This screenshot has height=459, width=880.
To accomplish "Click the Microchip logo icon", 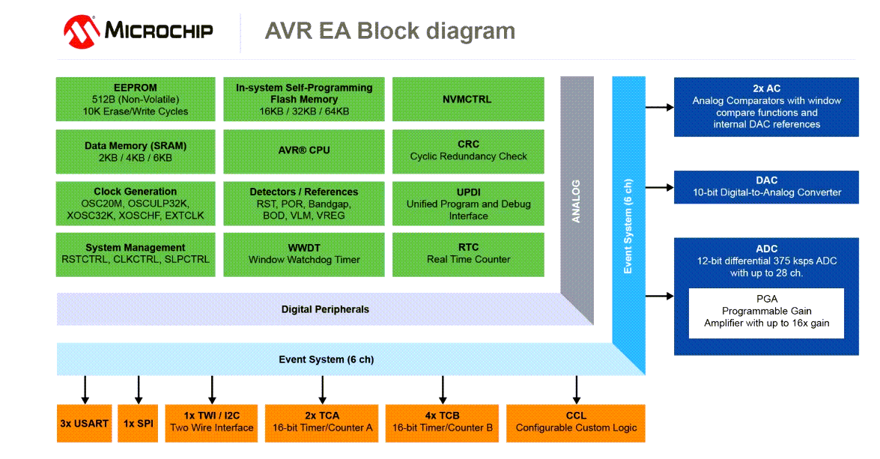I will tap(82, 31).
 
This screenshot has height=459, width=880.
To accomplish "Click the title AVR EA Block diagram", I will tap(389, 31).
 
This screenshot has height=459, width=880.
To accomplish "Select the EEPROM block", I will tap(136, 99).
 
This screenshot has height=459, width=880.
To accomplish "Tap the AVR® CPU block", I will tap(303, 151).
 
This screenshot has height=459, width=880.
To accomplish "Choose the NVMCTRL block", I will tap(468, 99).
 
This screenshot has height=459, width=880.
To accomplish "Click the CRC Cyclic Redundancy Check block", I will tap(468, 151).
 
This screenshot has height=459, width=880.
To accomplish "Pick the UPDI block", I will tap(468, 204).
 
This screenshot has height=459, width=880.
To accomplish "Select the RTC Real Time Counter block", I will tap(468, 254).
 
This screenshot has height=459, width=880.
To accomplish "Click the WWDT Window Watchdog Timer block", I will tap(303, 254).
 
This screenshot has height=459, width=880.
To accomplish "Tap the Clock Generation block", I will tap(136, 204).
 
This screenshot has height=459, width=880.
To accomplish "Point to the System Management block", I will tap(136, 254).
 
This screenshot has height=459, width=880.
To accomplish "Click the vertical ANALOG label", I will tap(576, 201).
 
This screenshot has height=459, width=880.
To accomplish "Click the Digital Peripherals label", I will tap(325, 309).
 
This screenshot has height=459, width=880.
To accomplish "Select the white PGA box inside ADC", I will tap(766, 311).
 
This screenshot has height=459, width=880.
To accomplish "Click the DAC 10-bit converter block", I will tap(766, 186).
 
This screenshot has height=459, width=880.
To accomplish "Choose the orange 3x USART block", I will tap(84, 423).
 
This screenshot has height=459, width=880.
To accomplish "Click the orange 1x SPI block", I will tap(138, 423).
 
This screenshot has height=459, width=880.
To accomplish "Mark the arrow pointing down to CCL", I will tap(576, 389).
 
